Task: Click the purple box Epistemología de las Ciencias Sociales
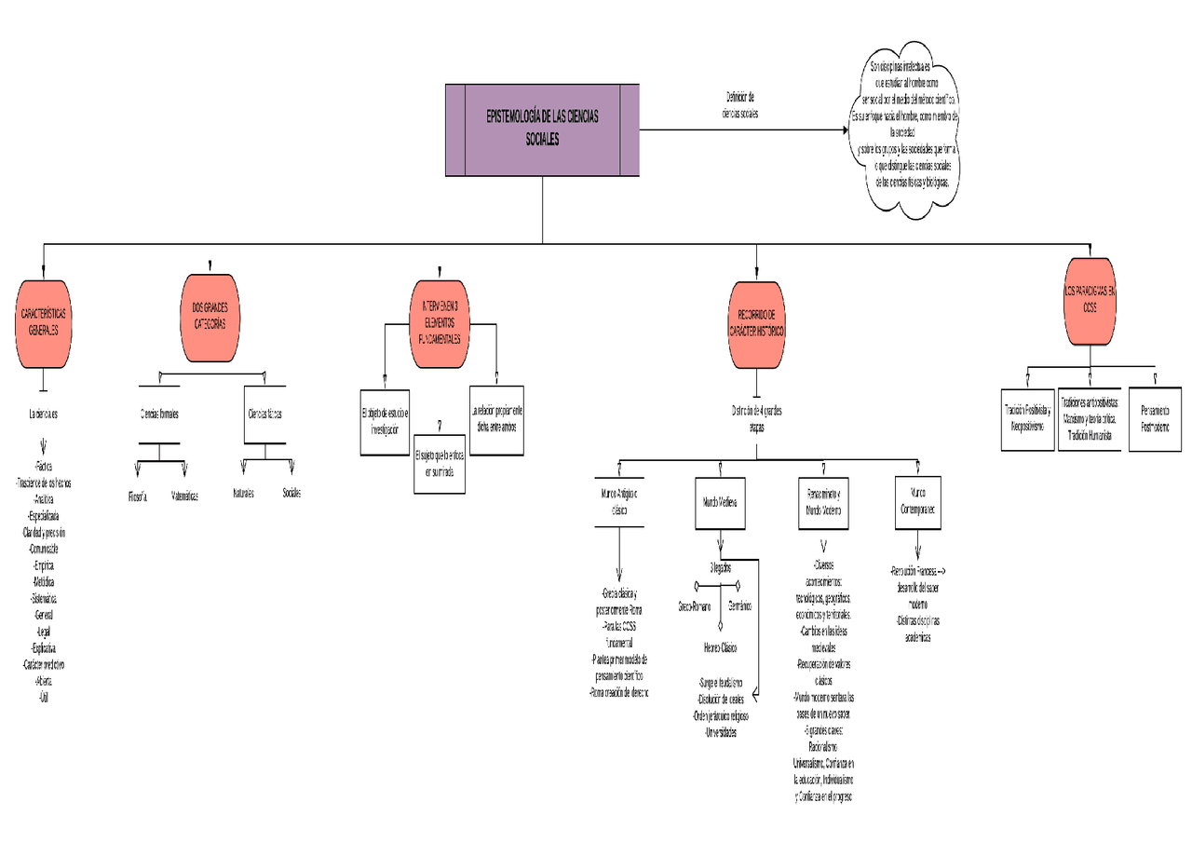pos(542,129)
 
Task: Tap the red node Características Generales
pos(43,323)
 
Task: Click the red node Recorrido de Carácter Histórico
pos(755,324)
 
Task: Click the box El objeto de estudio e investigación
pos(385,421)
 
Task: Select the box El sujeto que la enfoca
pos(439,464)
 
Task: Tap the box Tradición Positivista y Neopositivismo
pos(1027,418)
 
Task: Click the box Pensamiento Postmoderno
pos(1155,418)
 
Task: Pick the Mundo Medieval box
pos(720,501)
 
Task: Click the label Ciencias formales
pos(159,414)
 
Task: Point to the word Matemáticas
pos(184,496)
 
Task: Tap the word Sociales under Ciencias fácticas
pos(291,493)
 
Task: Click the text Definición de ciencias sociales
pos(740,104)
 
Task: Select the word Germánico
pos(740,606)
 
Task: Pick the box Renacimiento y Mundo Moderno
pos(823,501)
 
